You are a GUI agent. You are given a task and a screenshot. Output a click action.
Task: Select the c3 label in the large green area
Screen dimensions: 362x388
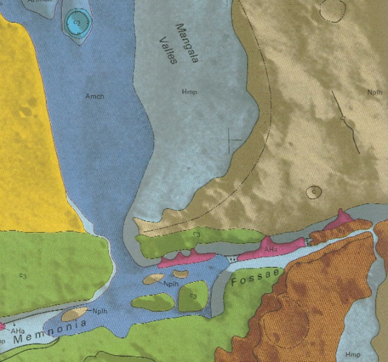(x=21, y=276)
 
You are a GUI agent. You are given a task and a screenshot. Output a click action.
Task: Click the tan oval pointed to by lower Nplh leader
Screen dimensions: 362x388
(x=76, y=314)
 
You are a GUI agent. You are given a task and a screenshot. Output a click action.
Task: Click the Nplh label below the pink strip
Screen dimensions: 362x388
(x=171, y=284)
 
